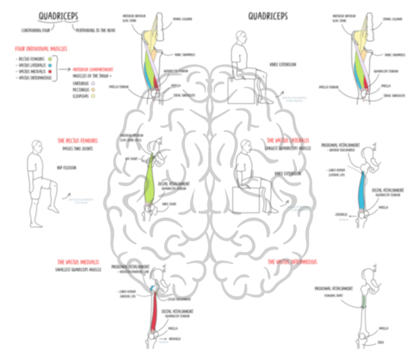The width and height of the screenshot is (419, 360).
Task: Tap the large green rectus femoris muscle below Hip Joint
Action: click(x=149, y=184)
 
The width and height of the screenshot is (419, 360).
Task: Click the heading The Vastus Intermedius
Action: click(x=294, y=261)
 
